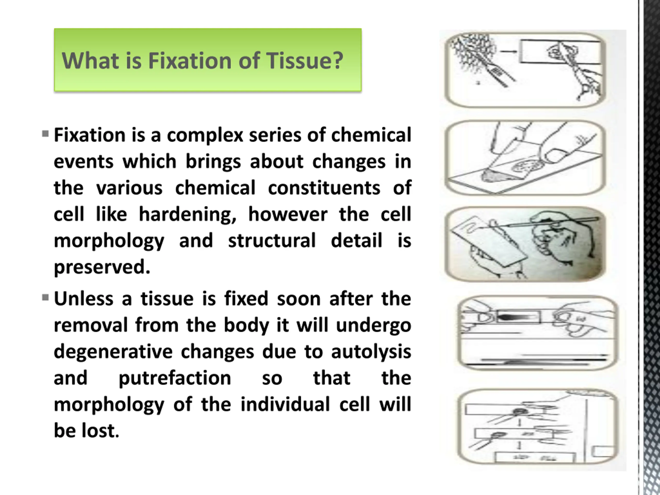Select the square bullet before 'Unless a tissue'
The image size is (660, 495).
coord(45,298)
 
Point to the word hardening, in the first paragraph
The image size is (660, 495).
coord(188,214)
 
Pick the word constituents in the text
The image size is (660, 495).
coord(324,188)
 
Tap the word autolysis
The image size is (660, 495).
coord(371,352)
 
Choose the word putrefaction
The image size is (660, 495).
coord(175,378)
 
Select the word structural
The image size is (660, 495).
coord(272,241)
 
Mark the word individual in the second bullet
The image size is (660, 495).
coord(285,404)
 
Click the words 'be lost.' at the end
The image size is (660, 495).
coord(87,431)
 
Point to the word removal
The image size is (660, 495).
coord(91,325)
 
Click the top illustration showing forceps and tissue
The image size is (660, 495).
coord(525,70)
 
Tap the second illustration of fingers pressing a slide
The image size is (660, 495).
coord(525,158)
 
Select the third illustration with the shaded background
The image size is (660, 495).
coord(525,244)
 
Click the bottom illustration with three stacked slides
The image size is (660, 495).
coord(537,427)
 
